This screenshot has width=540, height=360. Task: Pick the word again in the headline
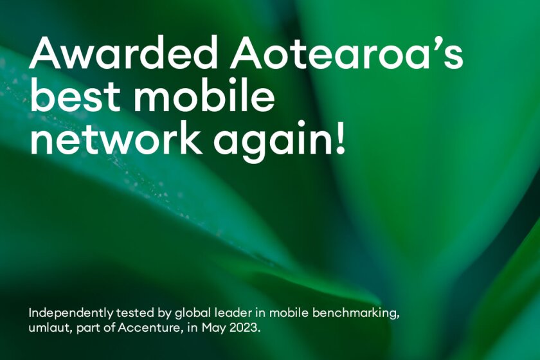tap(271, 141)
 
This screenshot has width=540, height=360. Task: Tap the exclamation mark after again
tap(339, 137)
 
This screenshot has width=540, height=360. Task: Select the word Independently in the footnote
tap(70, 314)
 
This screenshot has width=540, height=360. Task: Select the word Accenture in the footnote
tap(148, 327)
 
